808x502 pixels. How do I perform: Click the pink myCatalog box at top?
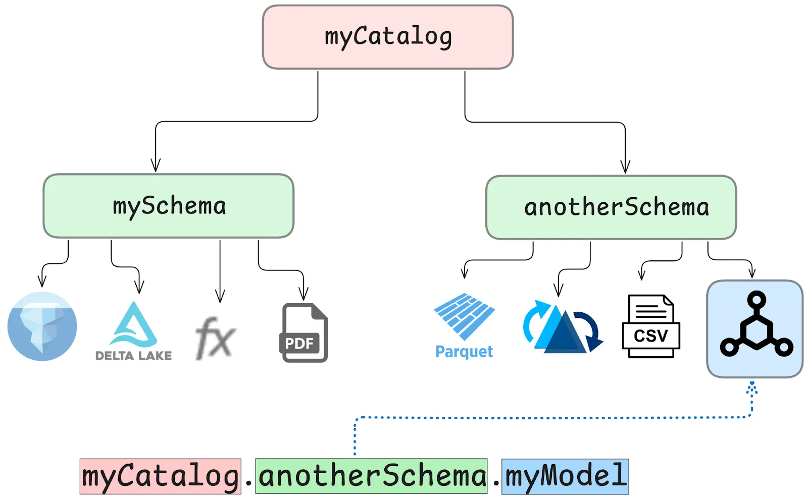pyautogui.click(x=387, y=37)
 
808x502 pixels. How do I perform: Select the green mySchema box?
pyautogui.click(x=168, y=206)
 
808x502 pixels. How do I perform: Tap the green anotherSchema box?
pyautogui.click(x=611, y=207)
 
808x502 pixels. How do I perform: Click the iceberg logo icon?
pyautogui.click(x=42, y=326)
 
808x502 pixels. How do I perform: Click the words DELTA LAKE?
pyautogui.click(x=133, y=356)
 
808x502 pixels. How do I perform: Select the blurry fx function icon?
pyautogui.click(x=215, y=338)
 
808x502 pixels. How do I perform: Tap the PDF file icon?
pyautogui.click(x=304, y=332)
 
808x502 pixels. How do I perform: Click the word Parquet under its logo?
pyautogui.click(x=464, y=352)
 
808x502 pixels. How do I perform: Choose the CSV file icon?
pyautogui.click(x=650, y=326)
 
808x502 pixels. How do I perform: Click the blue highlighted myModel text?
pyautogui.click(x=565, y=476)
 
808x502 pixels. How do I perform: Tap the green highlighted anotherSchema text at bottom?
pyautogui.click(x=371, y=476)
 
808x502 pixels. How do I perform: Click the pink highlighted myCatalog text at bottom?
pyautogui.click(x=160, y=476)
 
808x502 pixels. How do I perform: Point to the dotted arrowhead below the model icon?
pyautogui.click(x=751, y=387)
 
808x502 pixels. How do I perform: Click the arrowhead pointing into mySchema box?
pyautogui.click(x=156, y=165)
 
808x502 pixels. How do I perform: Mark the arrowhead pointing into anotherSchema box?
pyautogui.click(x=625, y=167)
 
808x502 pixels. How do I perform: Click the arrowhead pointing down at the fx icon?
pyautogui.click(x=220, y=296)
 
